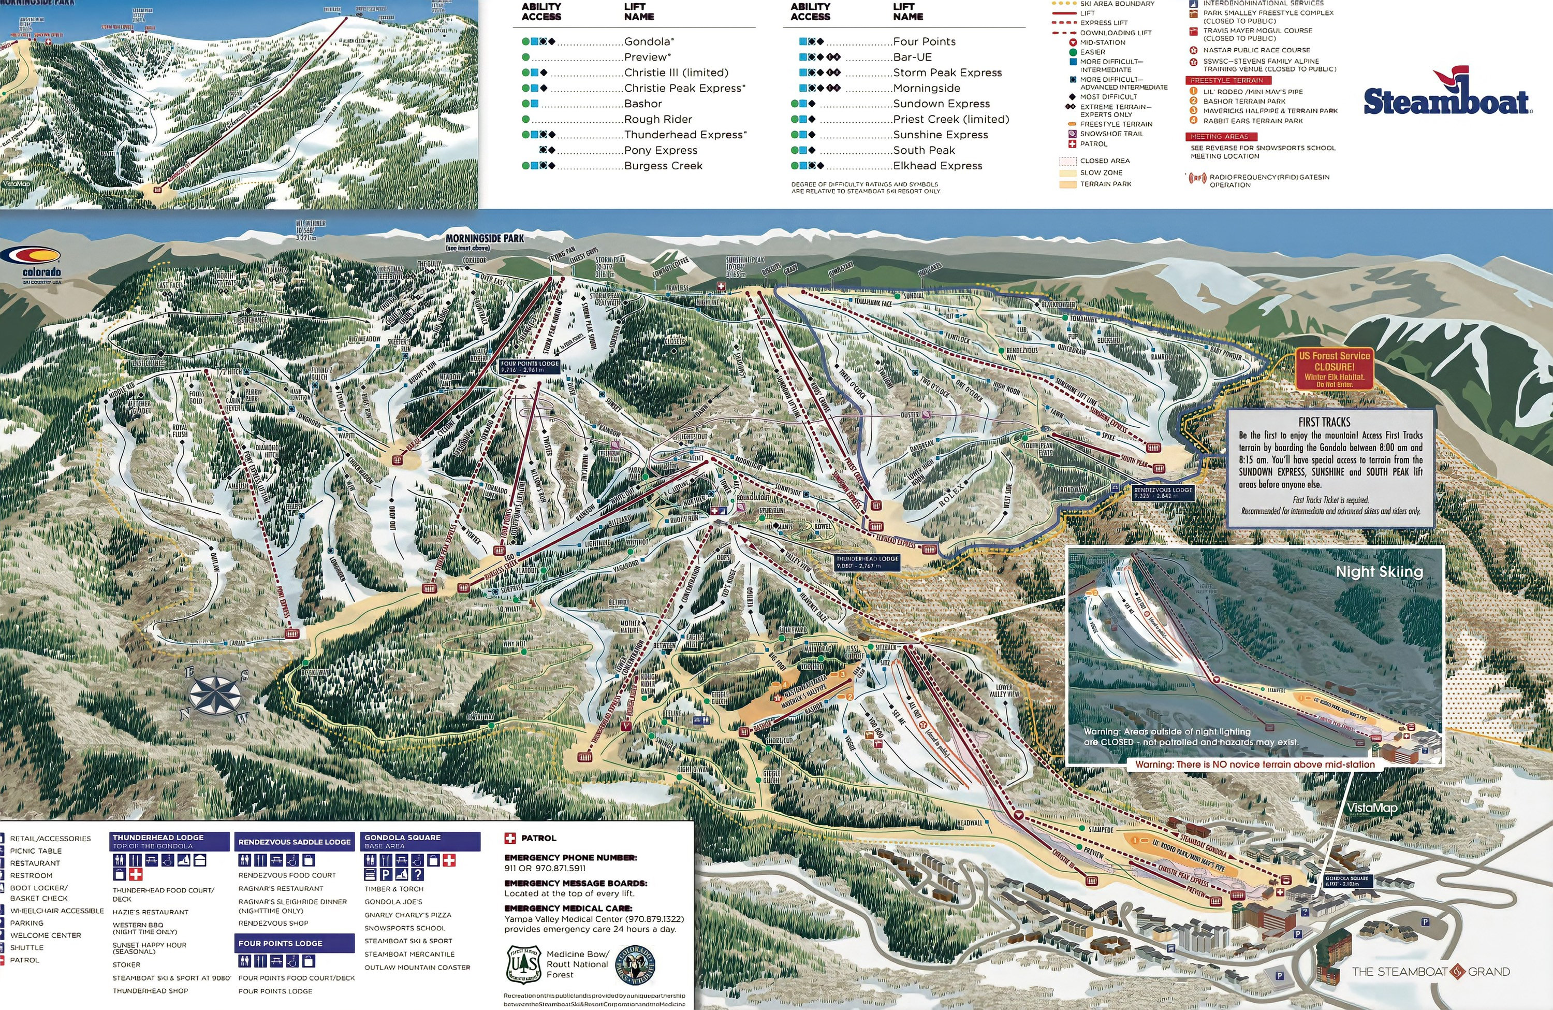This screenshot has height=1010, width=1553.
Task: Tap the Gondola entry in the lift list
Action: pyautogui.click(x=648, y=41)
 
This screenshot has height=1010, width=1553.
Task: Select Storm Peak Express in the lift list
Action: pyautogui.click(x=947, y=73)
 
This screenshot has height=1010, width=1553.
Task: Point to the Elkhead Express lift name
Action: pyautogui.click(x=937, y=166)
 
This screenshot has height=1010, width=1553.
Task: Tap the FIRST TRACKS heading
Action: pyautogui.click(x=1324, y=422)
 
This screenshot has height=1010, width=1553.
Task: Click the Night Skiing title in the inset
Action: pyautogui.click(x=1379, y=572)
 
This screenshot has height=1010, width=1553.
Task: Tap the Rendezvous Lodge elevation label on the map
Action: pyautogui.click(x=1163, y=492)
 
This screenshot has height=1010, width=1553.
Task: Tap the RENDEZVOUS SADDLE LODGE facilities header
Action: pyautogui.click(x=294, y=842)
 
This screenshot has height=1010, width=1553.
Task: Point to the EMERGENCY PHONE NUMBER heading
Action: pyautogui.click(x=570, y=857)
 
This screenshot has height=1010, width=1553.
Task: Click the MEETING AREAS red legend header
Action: pyautogui.click(x=1218, y=136)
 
